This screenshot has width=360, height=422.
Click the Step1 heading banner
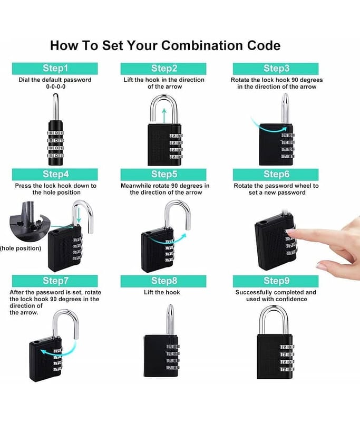(x=55, y=69)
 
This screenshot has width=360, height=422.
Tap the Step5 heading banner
(x=163, y=175)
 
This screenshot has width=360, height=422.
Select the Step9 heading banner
(x=276, y=281)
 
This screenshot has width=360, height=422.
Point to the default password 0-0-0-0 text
(x=56, y=87)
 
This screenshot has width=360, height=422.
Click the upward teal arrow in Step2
(x=164, y=116)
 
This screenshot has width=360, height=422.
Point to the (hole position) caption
(x=21, y=248)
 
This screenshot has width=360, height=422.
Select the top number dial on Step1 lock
(x=56, y=133)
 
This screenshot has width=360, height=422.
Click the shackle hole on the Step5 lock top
(x=147, y=233)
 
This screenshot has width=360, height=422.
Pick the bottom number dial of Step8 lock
(x=172, y=368)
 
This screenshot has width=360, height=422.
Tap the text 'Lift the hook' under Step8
(x=162, y=292)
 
